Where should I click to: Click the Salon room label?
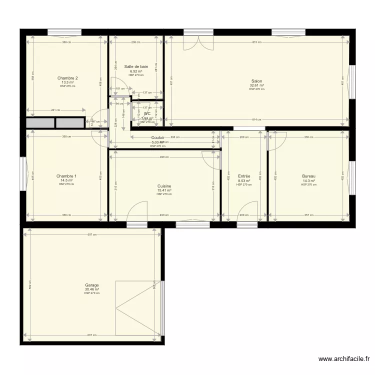click(256, 81)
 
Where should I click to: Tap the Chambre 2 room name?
click(67, 78)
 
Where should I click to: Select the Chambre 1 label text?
click(66, 176)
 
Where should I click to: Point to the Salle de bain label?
click(136, 66)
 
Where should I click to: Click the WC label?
click(147, 113)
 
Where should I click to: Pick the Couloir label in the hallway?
click(158, 138)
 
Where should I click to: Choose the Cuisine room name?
click(164, 186)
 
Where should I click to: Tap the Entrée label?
click(244, 176)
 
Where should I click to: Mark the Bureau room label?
click(308, 176)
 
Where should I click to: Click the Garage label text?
click(91, 285)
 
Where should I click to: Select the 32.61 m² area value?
click(256, 85)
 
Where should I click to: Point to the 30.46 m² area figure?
click(91, 289)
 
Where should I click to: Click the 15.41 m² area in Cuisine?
click(164, 190)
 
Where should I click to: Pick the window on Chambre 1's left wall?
click(23, 173)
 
